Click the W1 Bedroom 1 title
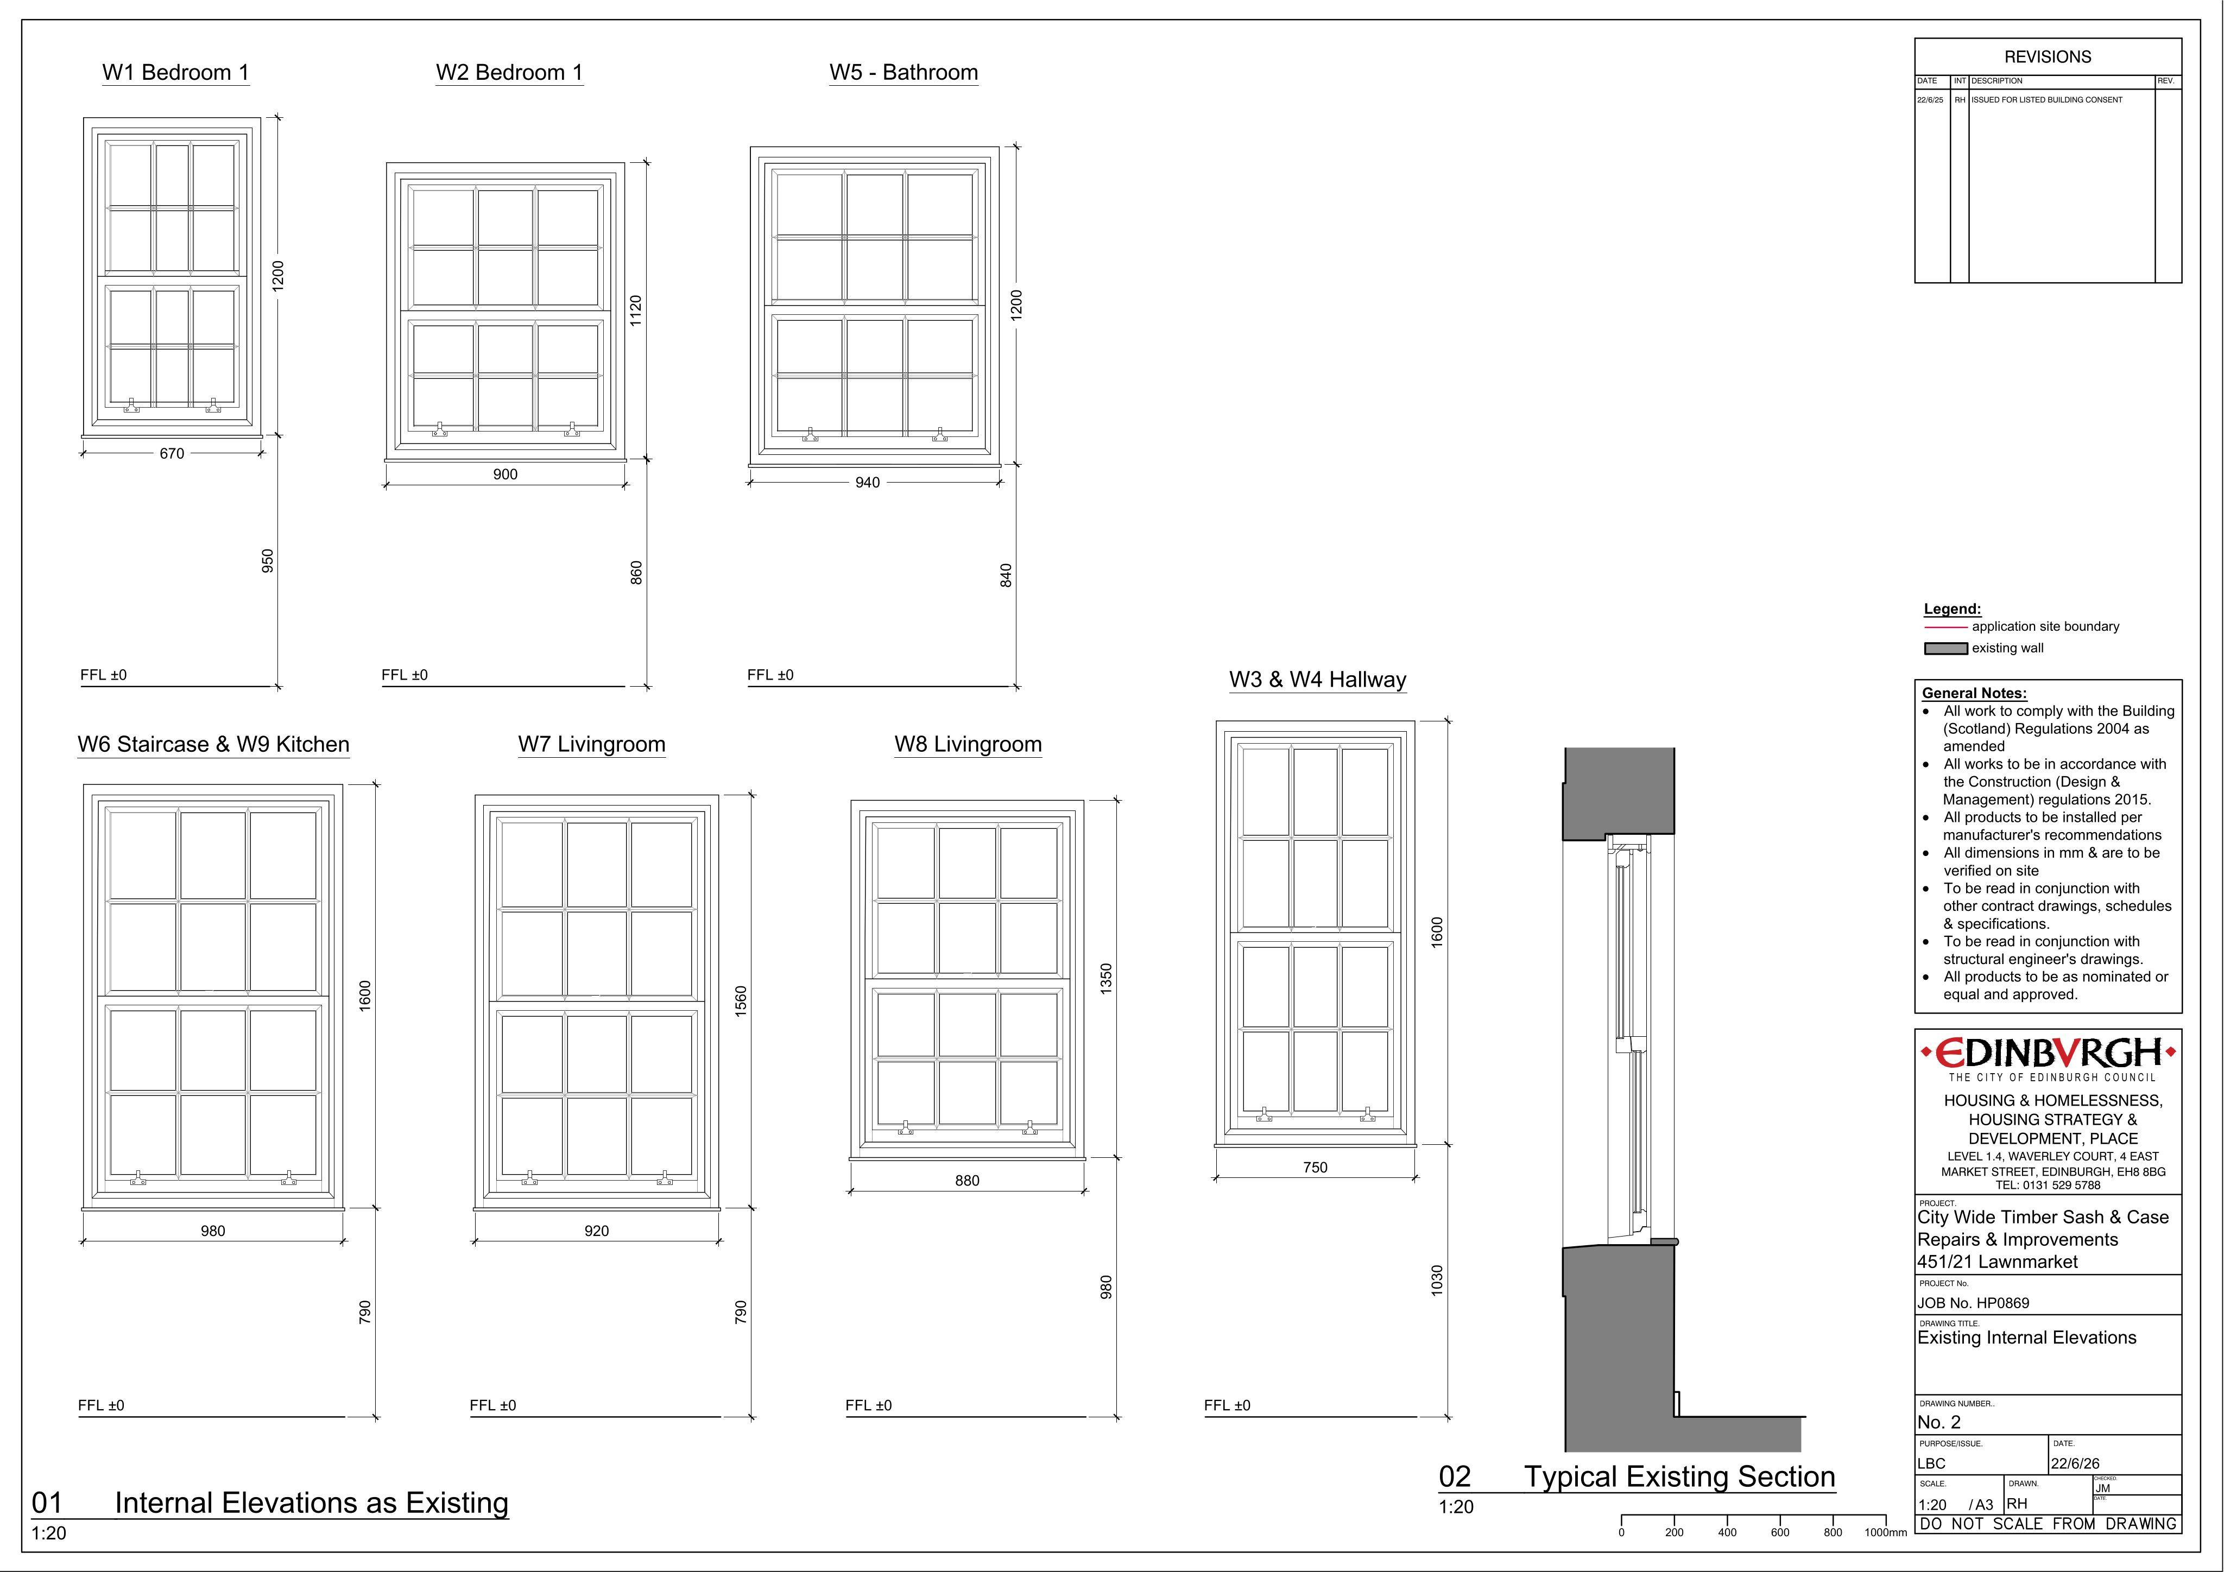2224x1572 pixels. (x=175, y=73)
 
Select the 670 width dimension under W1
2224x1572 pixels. (x=172, y=453)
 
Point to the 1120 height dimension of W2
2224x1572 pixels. (x=635, y=310)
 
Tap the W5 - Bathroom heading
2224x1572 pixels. (x=903, y=73)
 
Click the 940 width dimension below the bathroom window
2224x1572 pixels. (x=867, y=483)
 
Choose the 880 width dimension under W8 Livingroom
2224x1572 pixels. (x=966, y=1181)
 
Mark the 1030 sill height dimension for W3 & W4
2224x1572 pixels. (x=1437, y=1281)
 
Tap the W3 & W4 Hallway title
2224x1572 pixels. (x=1317, y=680)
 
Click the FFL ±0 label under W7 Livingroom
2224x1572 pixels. (x=493, y=1405)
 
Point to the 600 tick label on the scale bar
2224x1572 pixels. (x=1779, y=1532)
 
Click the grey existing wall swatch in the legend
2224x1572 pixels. (x=1945, y=648)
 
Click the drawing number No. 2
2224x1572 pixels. (x=1939, y=1422)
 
